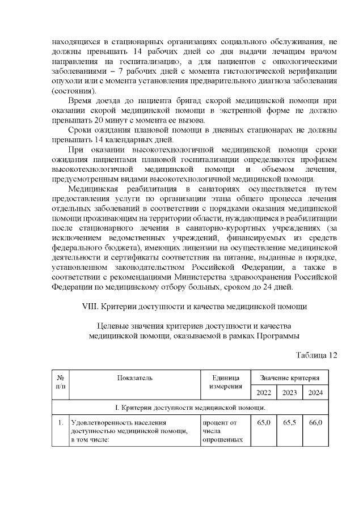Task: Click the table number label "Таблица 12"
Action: pos(316,355)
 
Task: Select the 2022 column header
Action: pos(264,393)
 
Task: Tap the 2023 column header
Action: pos(289,393)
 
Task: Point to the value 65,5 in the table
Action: pos(289,423)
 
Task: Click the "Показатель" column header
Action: pos(135,378)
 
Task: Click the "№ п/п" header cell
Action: pos(60,382)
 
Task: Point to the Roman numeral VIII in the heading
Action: pos(91,307)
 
